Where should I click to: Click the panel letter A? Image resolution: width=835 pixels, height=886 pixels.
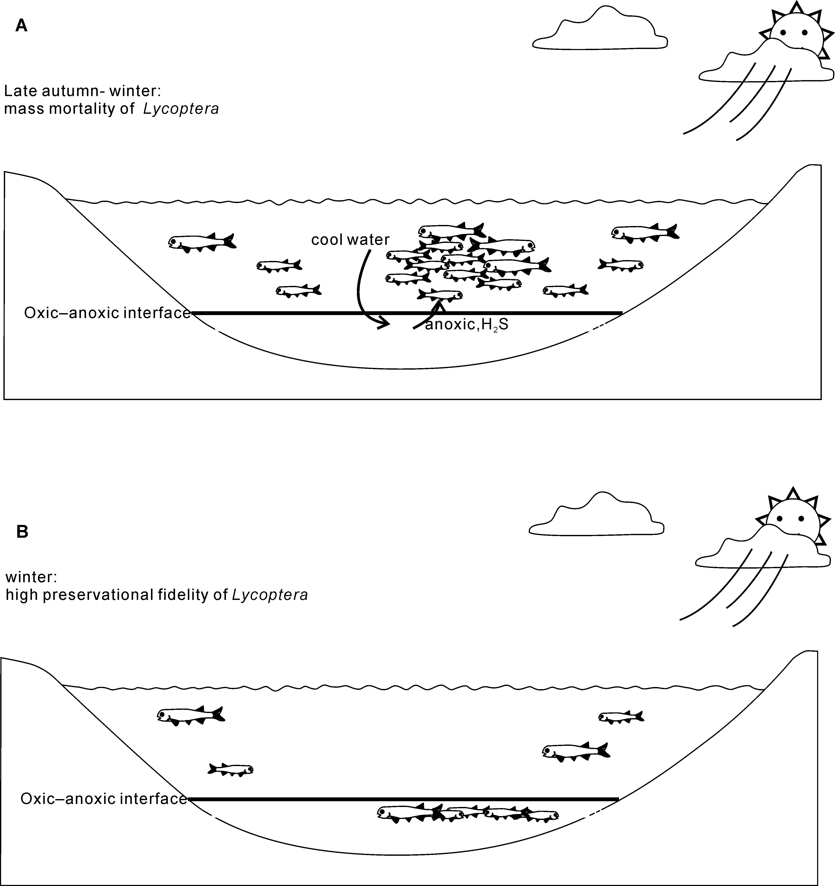point(21,26)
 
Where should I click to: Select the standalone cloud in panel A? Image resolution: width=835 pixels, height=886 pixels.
point(600,31)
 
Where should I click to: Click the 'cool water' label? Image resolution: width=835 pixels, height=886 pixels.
point(350,240)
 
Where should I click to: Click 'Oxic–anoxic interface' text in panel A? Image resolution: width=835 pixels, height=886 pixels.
point(107,313)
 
